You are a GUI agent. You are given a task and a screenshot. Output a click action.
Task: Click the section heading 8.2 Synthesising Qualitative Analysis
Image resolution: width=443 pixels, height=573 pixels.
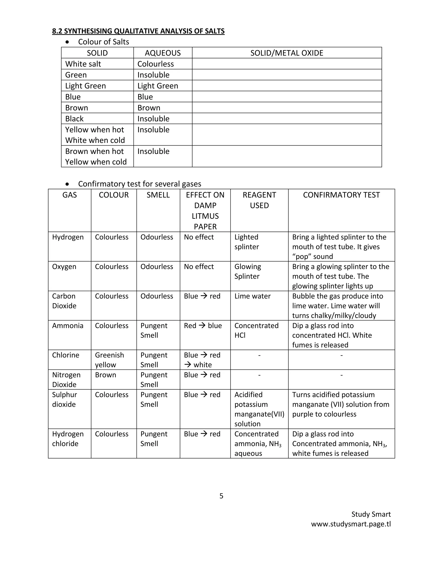point(138,31)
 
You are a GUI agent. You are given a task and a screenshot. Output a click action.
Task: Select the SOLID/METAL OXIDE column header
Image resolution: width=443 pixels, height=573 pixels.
point(287,53)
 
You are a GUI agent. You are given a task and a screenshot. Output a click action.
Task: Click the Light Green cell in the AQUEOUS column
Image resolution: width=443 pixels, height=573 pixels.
point(157,86)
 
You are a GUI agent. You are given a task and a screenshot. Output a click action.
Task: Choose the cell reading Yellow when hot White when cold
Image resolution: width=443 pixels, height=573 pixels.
point(95,135)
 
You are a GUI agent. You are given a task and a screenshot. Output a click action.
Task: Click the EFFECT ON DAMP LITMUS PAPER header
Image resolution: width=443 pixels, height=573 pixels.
point(205,210)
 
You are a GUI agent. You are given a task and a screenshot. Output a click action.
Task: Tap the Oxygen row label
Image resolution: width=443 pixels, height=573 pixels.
point(64,267)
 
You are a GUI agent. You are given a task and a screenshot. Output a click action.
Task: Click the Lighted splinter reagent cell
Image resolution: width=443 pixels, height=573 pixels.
point(246,242)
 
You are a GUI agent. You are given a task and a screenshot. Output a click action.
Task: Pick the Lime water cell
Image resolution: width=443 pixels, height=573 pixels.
point(252,296)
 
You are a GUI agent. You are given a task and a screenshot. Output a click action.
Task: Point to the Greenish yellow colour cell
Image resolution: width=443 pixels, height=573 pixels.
point(109,360)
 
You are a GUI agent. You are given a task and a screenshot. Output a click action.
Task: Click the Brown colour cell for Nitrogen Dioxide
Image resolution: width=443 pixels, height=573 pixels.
point(106,375)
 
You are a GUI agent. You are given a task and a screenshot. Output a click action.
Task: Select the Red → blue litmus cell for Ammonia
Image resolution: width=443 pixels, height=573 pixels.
point(203,326)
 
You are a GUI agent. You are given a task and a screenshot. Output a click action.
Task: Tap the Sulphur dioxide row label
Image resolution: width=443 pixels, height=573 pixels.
point(64,399)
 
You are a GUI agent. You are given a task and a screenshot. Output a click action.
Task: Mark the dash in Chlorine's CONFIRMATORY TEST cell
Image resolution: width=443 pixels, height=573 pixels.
point(341,355)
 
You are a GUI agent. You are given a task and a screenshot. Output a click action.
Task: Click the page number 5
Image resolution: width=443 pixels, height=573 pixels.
point(221,496)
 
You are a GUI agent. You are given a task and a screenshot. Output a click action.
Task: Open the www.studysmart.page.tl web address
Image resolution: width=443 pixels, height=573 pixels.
point(351,524)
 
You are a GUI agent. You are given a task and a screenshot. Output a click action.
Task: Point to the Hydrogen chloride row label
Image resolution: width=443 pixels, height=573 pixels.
point(67,439)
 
